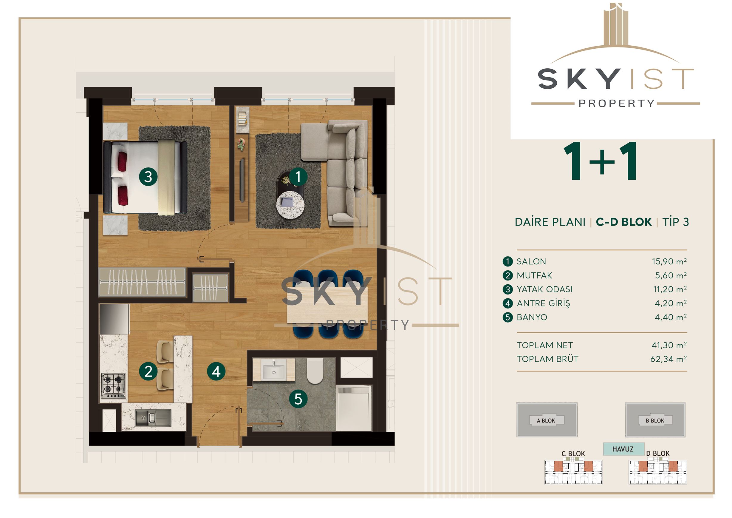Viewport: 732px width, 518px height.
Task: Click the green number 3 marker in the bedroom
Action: point(148,177)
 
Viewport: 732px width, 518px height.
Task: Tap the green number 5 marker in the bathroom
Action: point(298,399)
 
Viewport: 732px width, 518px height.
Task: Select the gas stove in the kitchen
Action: point(114,386)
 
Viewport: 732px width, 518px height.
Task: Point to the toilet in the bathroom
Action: point(315,371)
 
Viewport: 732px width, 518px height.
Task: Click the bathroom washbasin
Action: point(273,370)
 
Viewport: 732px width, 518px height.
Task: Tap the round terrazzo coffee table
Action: point(290,205)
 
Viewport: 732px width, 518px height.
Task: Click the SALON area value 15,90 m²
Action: point(669,262)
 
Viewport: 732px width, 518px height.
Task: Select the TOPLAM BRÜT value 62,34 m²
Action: point(668,359)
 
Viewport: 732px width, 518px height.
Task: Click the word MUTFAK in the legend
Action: point(534,276)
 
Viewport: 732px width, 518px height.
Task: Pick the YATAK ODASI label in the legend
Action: point(544,289)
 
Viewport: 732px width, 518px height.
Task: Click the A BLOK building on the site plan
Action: point(547,420)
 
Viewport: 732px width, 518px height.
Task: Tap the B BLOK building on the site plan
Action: point(655,420)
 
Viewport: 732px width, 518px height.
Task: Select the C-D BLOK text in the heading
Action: point(624,222)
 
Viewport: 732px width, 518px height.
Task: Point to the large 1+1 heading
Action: point(601,162)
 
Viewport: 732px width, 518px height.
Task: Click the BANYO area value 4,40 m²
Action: point(671,317)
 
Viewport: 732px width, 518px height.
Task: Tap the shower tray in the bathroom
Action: point(354,408)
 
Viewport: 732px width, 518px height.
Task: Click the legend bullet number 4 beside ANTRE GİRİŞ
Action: point(507,303)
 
